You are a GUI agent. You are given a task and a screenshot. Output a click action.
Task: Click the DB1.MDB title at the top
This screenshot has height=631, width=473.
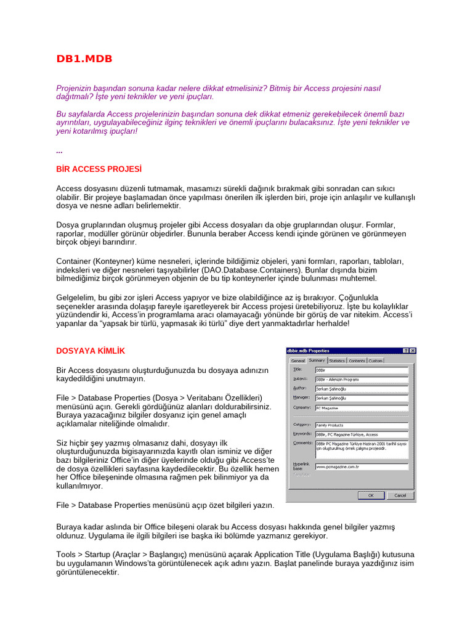point(84,59)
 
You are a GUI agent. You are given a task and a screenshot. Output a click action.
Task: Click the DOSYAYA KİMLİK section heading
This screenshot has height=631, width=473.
point(91,351)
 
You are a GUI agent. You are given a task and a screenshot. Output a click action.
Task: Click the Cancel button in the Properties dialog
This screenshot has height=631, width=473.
point(400,495)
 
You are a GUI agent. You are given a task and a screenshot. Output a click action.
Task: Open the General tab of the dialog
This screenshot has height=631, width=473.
point(297,360)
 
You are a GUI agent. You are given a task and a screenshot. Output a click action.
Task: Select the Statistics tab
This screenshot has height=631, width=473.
point(337,360)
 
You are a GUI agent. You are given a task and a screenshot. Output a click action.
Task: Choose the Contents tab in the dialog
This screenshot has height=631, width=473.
point(357,360)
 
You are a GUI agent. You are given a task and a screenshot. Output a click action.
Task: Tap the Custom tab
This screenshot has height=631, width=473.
point(376,360)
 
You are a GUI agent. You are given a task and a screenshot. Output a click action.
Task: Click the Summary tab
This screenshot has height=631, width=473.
point(317,360)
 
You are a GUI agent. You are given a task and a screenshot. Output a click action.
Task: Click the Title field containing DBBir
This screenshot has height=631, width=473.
point(361,370)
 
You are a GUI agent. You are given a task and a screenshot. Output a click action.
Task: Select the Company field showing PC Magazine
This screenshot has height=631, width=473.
point(361,407)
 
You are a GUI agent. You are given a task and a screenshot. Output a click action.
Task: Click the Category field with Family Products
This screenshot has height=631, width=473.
point(361,425)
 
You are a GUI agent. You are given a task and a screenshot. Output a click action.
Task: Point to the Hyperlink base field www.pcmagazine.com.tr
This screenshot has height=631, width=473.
point(361,466)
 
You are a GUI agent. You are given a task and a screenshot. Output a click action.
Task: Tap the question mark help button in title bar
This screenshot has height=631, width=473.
point(405,351)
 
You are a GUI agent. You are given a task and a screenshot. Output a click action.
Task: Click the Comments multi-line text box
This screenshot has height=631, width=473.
point(361,449)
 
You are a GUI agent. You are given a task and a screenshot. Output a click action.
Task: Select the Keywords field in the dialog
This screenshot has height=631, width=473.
point(361,434)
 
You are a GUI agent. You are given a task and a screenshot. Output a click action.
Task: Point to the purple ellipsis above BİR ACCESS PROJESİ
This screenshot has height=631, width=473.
point(59,152)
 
